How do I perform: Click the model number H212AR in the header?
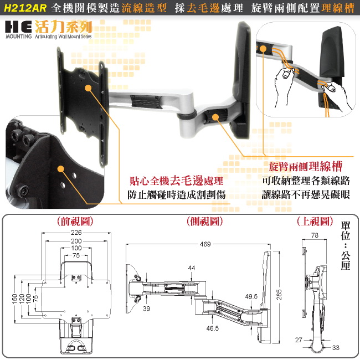[x=25, y=8]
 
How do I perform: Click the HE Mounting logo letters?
[x=18, y=27]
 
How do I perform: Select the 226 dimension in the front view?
[x=76, y=233]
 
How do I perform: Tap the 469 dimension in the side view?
[x=205, y=244]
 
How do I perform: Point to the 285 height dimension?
[x=279, y=295]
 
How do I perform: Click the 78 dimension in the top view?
[x=315, y=235]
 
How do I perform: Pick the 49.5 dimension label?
[x=251, y=296]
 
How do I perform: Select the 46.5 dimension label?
[x=212, y=328]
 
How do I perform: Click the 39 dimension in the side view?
[x=146, y=308]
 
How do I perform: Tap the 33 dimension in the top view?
[x=336, y=348]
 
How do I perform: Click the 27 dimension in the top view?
[x=299, y=340]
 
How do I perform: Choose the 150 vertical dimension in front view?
[x=14, y=299]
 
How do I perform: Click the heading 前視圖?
[x=75, y=222]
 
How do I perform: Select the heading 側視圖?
[x=205, y=222]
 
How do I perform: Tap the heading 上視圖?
[x=315, y=222]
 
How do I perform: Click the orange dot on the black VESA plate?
[x=88, y=88]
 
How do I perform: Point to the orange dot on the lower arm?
[x=215, y=117]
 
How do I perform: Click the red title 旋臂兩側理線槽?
[x=306, y=167]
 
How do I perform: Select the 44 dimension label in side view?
[x=192, y=268]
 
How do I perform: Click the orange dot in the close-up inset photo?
[x=60, y=169]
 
